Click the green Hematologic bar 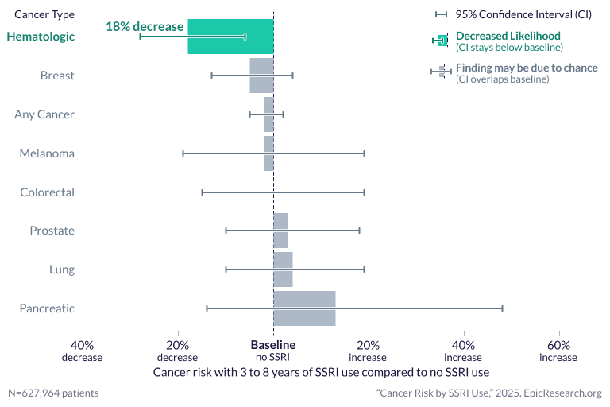point(230,37)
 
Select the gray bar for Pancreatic point(304,308)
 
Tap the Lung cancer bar point(283,269)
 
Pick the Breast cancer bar point(261,76)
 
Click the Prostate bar point(280,231)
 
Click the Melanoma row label point(47,153)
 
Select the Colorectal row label point(47,192)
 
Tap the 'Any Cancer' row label point(44,114)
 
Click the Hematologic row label point(41,37)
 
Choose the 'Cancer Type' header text point(44,14)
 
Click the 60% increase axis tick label point(558,351)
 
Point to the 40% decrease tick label point(82,351)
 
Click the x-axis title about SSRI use point(321,371)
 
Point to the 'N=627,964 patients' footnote point(53,393)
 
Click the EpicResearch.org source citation point(488,393)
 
